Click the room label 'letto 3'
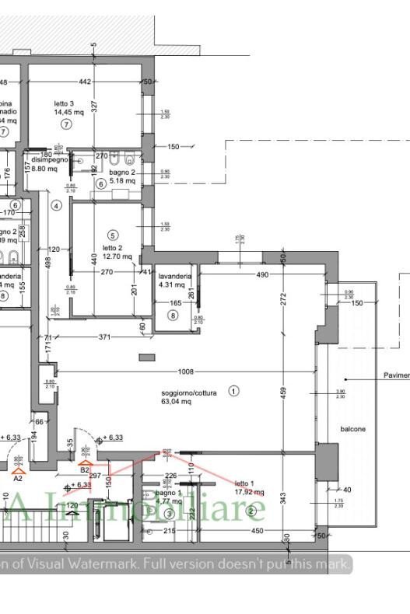(64, 103)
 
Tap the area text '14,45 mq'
(68, 112)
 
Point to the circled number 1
(233, 391)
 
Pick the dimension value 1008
(184, 372)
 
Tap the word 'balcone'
(352, 429)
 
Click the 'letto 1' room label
(244, 483)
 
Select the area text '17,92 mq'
(249, 492)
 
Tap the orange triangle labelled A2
(17, 470)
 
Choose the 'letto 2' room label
(113, 248)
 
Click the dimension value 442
(85, 82)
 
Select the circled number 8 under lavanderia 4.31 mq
(173, 315)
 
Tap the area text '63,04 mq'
(176, 402)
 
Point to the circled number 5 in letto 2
(113, 235)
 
